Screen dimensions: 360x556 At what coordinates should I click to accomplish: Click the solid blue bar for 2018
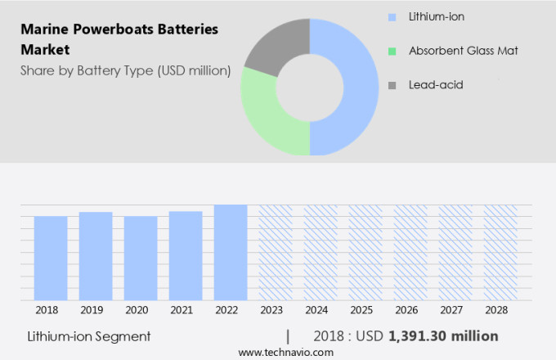tap(51, 258)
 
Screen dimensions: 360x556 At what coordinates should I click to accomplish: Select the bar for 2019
tap(96, 255)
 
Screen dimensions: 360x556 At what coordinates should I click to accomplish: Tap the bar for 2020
tap(141, 258)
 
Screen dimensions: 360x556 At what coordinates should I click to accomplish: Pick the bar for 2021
tap(186, 255)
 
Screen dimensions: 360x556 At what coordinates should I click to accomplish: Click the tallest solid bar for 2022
tap(231, 252)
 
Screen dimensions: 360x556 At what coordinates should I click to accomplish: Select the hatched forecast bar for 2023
tap(276, 252)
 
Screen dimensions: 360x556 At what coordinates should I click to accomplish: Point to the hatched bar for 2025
tap(365, 252)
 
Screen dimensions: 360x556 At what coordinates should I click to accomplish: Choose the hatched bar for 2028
tap(500, 252)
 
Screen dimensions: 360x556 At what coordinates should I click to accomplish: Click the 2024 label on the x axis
tap(321, 310)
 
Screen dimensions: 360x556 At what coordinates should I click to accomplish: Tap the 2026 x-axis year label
tap(410, 310)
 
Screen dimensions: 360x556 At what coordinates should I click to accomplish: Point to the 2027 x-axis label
tap(455, 310)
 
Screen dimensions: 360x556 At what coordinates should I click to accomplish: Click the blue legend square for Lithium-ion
tap(393, 16)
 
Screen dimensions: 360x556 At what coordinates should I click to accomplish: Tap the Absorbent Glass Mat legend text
tap(463, 51)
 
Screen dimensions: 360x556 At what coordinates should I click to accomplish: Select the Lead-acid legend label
tap(436, 84)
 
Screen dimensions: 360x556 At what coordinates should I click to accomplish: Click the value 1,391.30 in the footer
tap(420, 335)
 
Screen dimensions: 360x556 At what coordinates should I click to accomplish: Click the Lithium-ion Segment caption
tap(89, 335)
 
